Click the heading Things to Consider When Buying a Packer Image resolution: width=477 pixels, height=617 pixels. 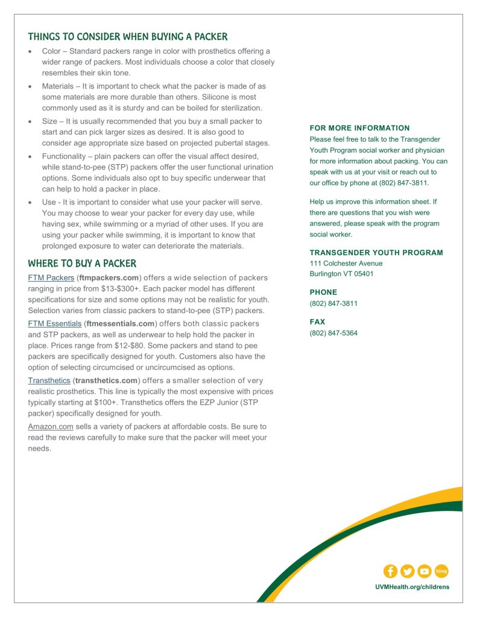pyautogui.click(x=127, y=37)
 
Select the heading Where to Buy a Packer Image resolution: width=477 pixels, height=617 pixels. pyautogui.click(x=82, y=264)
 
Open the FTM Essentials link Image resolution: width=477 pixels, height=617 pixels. pyautogui.click(x=54, y=324)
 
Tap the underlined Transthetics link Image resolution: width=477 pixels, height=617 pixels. pyautogui.click(x=49, y=381)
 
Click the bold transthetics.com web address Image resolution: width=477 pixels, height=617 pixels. pyautogui.click(x=106, y=381)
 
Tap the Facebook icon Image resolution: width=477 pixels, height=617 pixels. pyautogui.click(x=390, y=571)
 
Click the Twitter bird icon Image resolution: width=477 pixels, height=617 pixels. pyautogui.click(x=407, y=571)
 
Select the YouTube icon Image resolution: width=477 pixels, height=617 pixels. pyautogui.click(x=424, y=571)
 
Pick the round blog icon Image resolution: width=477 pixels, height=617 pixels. pyautogui.click(x=441, y=571)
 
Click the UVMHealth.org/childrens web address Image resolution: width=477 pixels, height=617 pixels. pyautogui.click(x=412, y=587)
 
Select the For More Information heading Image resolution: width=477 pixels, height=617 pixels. pyautogui.click(x=359, y=128)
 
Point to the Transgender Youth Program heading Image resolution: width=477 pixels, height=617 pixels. pyautogui.click(x=376, y=253)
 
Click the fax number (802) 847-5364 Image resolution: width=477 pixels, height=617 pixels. pyautogui.click(x=333, y=333)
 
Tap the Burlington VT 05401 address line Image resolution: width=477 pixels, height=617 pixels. pyautogui.click(x=341, y=274)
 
